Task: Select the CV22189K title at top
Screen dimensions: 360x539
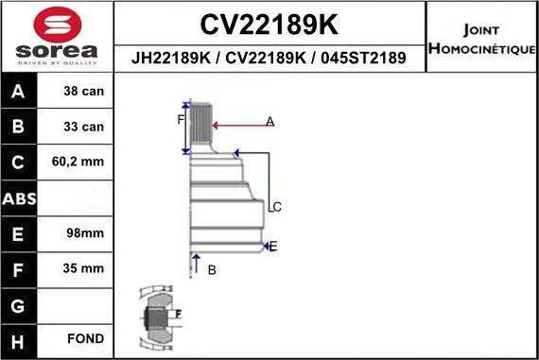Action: (x=270, y=24)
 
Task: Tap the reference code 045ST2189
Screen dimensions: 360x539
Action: (x=365, y=58)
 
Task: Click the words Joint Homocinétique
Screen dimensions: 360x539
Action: (x=482, y=36)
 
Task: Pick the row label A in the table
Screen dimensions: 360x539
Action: (x=20, y=92)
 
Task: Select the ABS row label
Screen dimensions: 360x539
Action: (x=20, y=198)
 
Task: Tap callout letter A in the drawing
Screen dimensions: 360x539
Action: (x=269, y=121)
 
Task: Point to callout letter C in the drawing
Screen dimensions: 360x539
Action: (x=277, y=207)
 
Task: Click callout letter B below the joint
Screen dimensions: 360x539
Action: (x=212, y=270)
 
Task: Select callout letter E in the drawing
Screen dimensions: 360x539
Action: (x=273, y=247)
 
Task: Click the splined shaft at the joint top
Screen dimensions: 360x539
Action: (x=200, y=124)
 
